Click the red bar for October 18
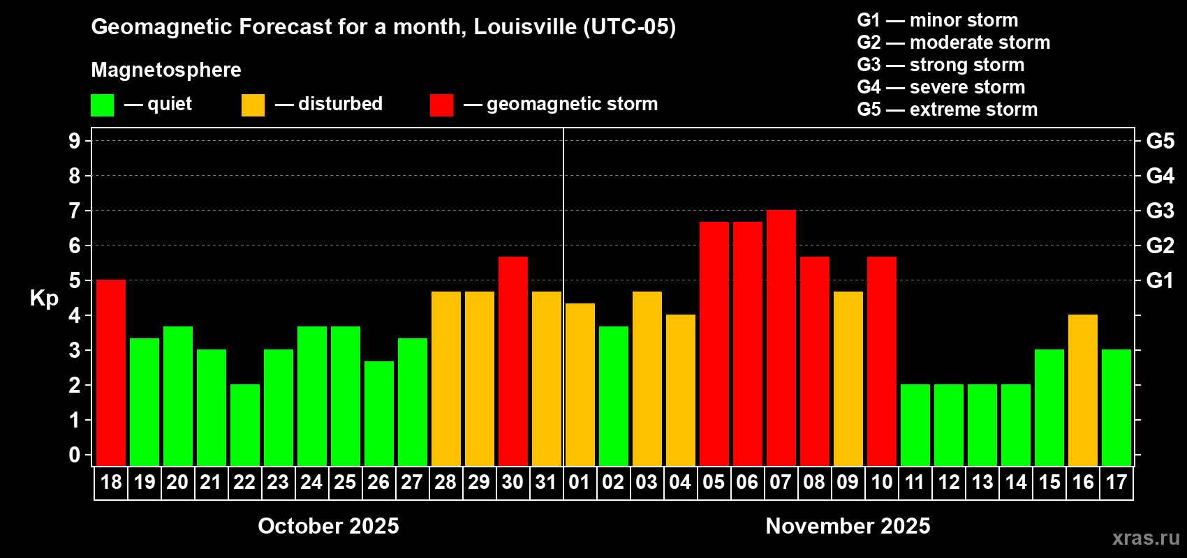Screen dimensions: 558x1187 point(111,372)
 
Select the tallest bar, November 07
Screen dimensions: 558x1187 point(781,338)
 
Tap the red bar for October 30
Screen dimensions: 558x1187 point(513,361)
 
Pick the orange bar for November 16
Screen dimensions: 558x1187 point(1083,390)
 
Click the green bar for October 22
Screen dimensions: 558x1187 point(245,425)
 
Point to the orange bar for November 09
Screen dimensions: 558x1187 point(848,378)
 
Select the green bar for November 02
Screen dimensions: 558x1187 point(614,395)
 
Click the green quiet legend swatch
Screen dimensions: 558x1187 point(103,105)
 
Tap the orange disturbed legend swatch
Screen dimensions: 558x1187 point(253,105)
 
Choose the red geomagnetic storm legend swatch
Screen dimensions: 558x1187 point(441,105)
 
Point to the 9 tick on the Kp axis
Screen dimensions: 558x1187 point(75,141)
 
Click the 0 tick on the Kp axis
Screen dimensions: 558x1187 point(75,455)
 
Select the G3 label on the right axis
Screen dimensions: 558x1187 point(1160,211)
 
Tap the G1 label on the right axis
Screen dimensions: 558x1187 point(1160,280)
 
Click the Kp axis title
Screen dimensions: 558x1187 point(44,299)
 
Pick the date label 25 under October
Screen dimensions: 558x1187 point(345,483)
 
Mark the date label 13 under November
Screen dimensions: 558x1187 point(982,483)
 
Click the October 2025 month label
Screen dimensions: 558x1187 point(328,526)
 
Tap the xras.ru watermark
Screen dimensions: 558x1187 point(1145,538)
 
